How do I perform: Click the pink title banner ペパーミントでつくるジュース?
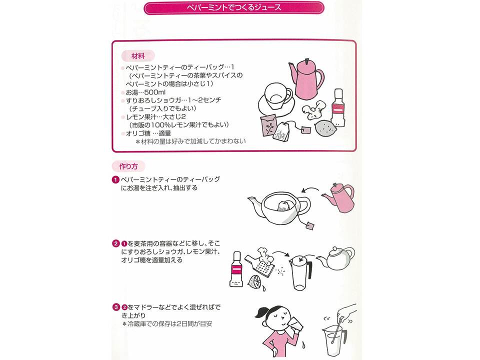click(x=233, y=8)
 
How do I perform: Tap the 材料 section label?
click(x=138, y=56)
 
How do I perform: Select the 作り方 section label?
click(x=128, y=166)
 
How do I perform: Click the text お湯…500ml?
click(x=145, y=92)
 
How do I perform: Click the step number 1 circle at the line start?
click(x=115, y=179)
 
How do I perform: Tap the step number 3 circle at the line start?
click(x=115, y=307)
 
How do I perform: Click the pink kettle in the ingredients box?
click(x=306, y=79)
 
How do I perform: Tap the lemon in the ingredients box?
click(x=325, y=128)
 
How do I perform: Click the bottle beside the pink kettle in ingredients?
click(x=338, y=108)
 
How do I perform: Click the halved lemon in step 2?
click(x=254, y=281)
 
